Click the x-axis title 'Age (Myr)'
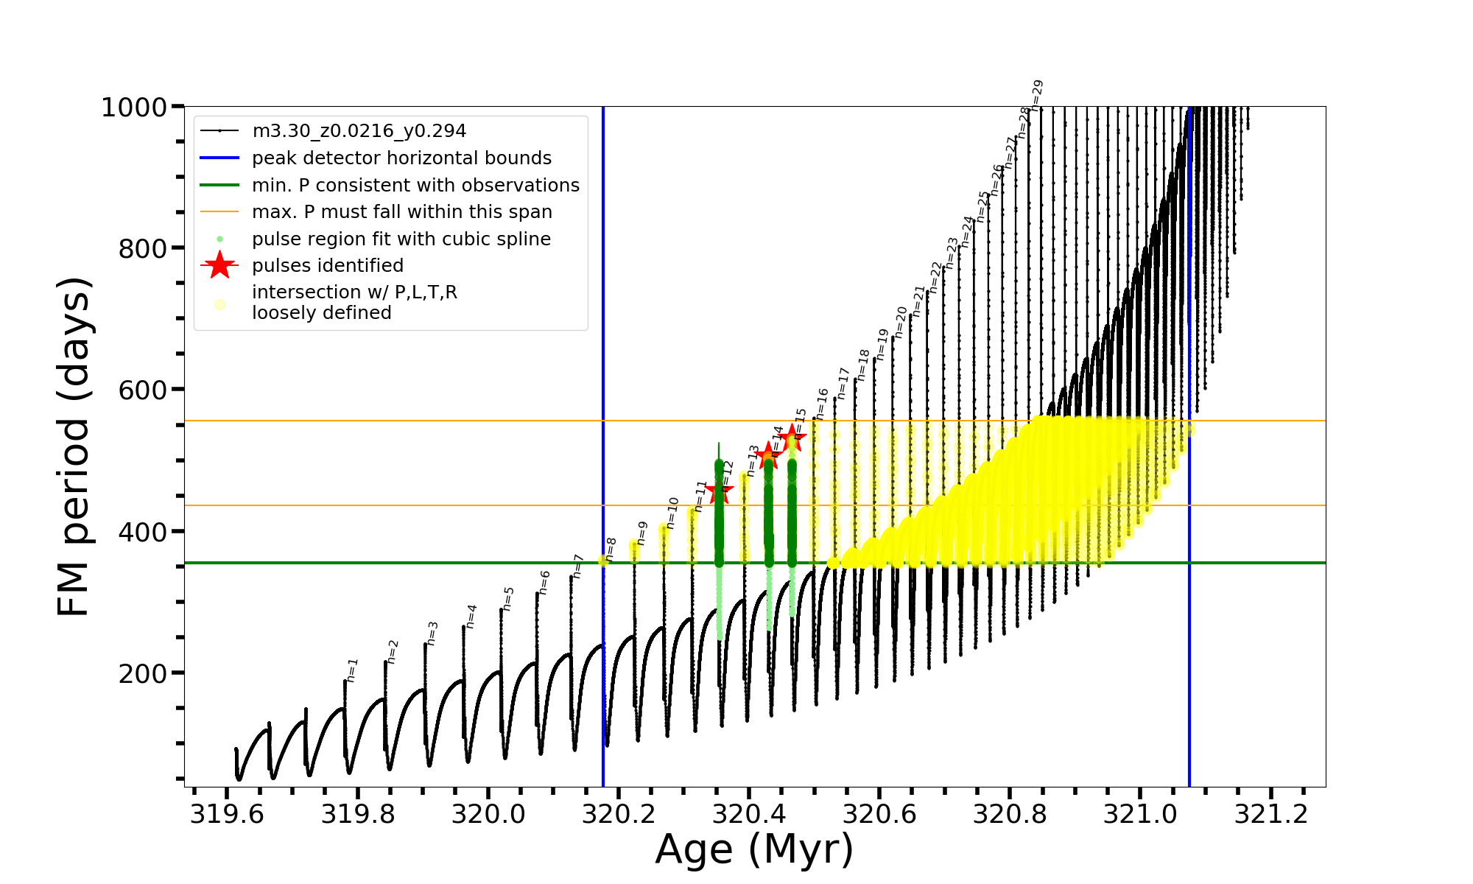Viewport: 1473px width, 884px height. point(754,849)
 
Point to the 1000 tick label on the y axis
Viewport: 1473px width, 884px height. point(134,108)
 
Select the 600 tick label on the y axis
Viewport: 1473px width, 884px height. point(143,390)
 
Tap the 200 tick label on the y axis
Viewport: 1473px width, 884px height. point(143,673)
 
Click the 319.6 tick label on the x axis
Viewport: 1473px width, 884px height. point(226,815)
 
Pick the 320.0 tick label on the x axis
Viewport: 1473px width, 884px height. point(488,815)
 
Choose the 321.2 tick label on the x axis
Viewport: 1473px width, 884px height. point(1271,815)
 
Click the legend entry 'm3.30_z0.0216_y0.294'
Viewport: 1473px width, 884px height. point(359,131)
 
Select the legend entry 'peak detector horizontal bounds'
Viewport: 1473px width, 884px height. point(401,158)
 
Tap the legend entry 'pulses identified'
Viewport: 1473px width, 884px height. point(328,266)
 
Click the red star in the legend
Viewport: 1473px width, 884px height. point(219,265)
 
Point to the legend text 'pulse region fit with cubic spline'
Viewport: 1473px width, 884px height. point(401,239)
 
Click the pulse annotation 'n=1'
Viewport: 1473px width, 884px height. point(352,670)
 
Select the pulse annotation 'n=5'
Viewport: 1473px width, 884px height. point(508,599)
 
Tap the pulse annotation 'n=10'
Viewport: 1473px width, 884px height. point(672,513)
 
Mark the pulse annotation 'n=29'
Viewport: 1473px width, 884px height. point(1037,95)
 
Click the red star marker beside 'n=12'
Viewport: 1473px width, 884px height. point(719,491)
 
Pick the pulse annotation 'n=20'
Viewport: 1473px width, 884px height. point(901,322)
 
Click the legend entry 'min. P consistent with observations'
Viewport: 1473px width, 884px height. point(415,186)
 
